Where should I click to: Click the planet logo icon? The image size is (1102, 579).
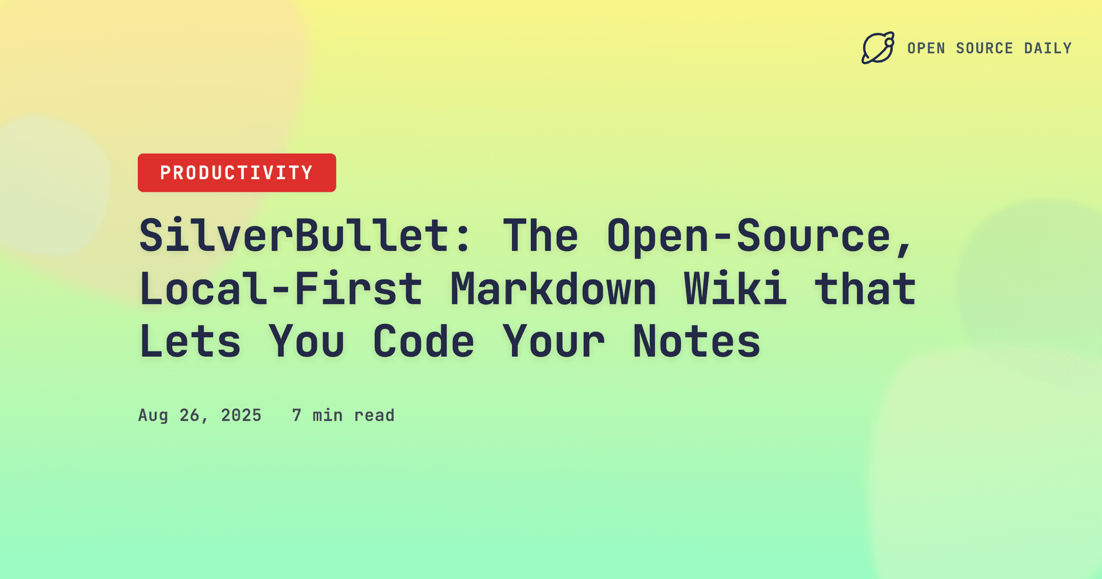click(878, 48)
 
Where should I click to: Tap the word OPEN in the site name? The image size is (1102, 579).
click(926, 48)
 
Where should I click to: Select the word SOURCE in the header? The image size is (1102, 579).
click(984, 48)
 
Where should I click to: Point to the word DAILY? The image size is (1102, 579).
click(1048, 48)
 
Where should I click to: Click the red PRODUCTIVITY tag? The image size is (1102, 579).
click(236, 173)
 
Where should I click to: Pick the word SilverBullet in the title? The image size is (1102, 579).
click(294, 236)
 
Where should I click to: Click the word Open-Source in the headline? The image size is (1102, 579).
click(748, 236)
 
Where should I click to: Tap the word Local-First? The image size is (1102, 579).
click(281, 288)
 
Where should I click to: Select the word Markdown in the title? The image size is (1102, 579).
click(553, 288)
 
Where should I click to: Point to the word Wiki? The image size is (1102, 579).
click(735, 288)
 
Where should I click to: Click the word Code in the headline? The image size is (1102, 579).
click(424, 342)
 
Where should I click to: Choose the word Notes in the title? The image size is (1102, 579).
click(696, 342)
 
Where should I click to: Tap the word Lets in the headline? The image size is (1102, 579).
click(190, 342)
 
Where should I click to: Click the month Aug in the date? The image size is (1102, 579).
click(153, 415)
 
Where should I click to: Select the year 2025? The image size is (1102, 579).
click(241, 415)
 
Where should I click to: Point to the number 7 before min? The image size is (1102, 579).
click(297, 415)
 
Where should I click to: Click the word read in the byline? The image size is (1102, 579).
click(374, 415)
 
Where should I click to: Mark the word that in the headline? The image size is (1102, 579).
click(865, 288)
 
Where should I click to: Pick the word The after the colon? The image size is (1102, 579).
click(541, 236)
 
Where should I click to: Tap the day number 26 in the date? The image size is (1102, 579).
click(190, 415)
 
